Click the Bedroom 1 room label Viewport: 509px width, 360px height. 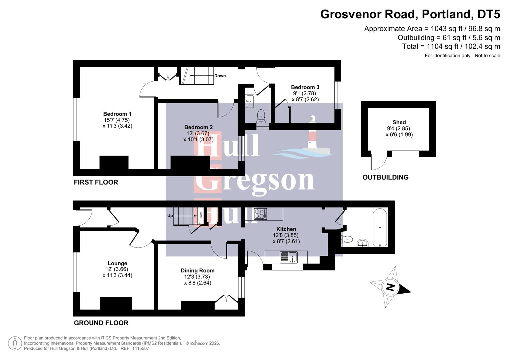pyautogui.click(x=117, y=114)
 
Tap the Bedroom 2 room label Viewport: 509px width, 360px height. pyautogui.click(x=198, y=127)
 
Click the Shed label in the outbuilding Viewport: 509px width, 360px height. pyautogui.click(x=399, y=122)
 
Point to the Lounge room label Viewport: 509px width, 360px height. pyautogui.click(x=117, y=263)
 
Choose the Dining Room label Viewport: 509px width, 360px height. pyautogui.click(x=198, y=271)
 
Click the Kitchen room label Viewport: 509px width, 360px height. pyautogui.click(x=286, y=229)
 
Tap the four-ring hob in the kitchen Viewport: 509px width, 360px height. pyautogui.click(x=260, y=214)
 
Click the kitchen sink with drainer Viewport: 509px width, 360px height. pyautogui.click(x=288, y=257)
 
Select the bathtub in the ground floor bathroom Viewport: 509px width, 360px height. pyautogui.click(x=380, y=227)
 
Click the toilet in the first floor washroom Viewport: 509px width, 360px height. pyautogui.click(x=261, y=115)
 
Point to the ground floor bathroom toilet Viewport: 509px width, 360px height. pyautogui.click(x=348, y=239)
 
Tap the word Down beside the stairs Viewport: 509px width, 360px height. pyautogui.click(x=220, y=76)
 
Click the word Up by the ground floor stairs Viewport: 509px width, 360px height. pyautogui.click(x=170, y=216)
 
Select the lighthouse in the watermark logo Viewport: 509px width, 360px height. pyautogui.click(x=312, y=133)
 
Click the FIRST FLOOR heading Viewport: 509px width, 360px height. pyautogui.click(x=96, y=182)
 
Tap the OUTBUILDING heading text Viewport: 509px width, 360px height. pyautogui.click(x=385, y=177)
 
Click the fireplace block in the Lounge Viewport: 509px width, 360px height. pyautogui.click(x=116, y=303)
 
